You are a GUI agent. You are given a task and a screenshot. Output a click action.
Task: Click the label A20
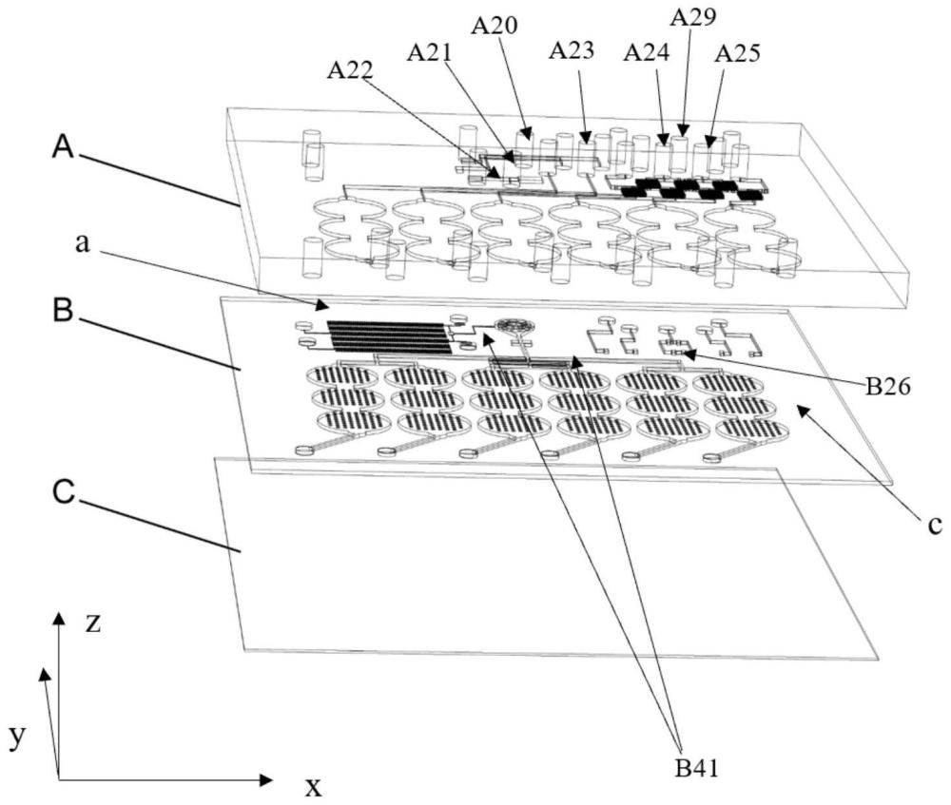[495, 26]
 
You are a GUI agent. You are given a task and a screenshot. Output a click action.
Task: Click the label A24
[645, 53]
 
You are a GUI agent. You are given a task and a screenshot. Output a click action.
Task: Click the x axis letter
[311, 785]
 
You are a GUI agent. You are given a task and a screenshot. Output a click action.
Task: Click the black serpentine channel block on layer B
[387, 335]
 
